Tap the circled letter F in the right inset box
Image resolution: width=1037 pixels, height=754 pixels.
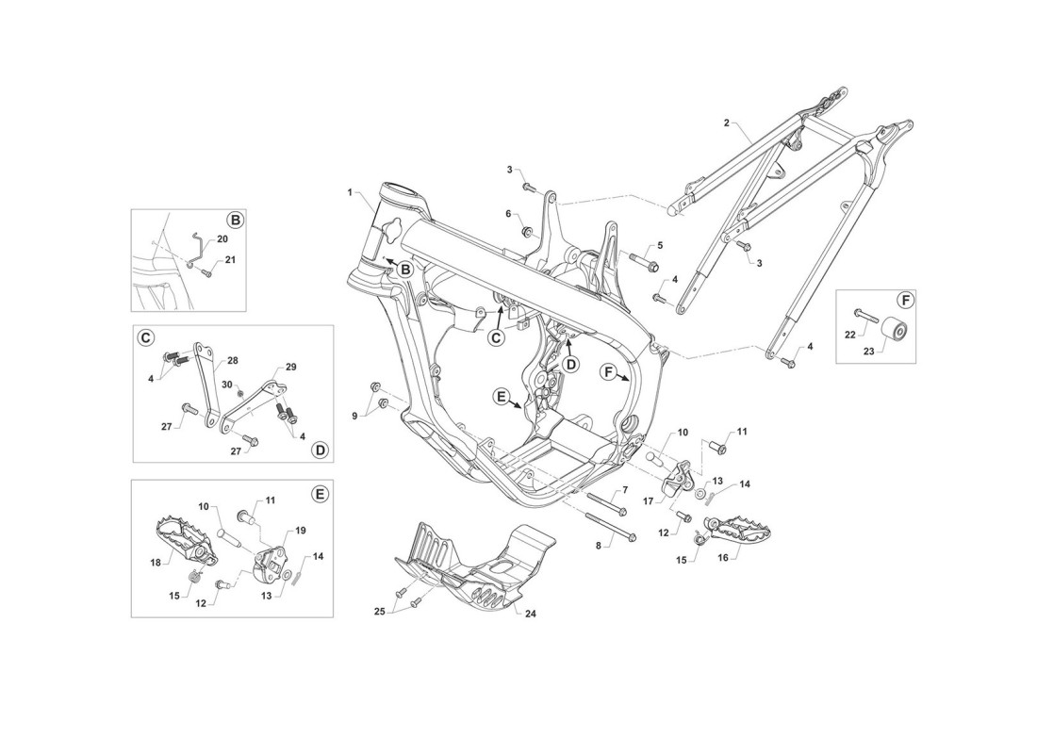click(x=905, y=301)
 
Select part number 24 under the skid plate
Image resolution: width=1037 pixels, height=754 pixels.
click(x=530, y=614)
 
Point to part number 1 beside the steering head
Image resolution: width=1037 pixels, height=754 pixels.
click(x=350, y=192)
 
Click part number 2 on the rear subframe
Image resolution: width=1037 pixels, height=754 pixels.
click(x=726, y=123)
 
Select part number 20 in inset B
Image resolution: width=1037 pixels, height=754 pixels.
click(x=222, y=238)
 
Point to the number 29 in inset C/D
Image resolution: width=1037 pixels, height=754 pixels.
click(x=291, y=367)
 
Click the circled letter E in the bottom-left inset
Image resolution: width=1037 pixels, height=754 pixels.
click(x=320, y=494)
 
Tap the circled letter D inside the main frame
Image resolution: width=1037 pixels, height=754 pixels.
click(x=570, y=364)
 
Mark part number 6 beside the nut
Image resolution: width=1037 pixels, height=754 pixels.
click(x=508, y=214)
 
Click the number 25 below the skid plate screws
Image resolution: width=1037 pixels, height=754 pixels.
click(x=380, y=612)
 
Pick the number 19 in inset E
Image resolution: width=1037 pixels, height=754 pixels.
click(x=300, y=531)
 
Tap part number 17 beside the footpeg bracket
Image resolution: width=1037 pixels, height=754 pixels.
click(x=649, y=501)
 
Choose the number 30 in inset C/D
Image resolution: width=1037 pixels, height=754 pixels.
click(x=226, y=385)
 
